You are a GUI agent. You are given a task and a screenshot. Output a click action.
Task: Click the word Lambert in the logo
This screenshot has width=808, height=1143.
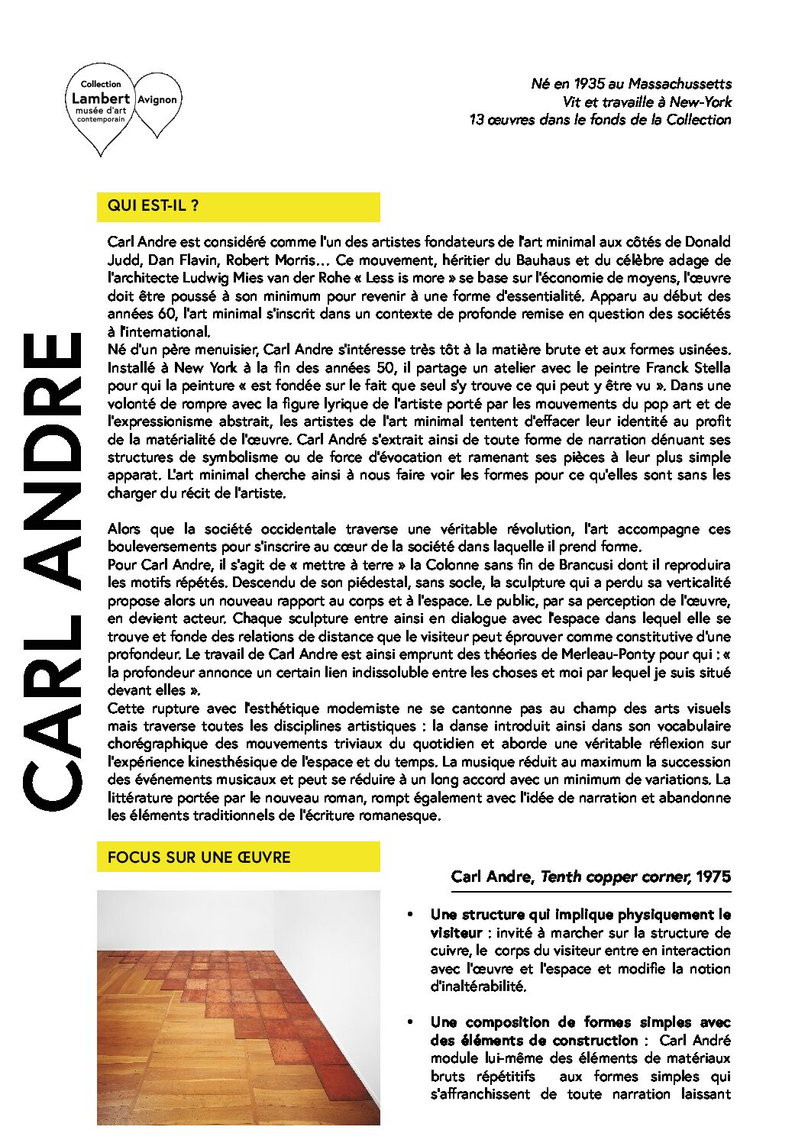tap(100, 98)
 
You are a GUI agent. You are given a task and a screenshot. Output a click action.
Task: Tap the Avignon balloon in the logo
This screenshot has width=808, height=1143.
tap(157, 100)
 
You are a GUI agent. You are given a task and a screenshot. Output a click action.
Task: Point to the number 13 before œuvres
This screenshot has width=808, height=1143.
tap(477, 120)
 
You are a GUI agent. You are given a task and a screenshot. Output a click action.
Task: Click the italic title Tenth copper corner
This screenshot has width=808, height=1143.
tap(615, 877)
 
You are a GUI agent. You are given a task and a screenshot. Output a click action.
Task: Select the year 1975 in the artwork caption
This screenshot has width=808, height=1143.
tap(713, 877)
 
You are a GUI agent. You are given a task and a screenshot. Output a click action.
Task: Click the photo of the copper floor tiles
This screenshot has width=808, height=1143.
tap(238, 1007)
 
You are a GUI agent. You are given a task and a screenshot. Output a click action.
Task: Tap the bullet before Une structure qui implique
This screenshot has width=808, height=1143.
tap(411, 915)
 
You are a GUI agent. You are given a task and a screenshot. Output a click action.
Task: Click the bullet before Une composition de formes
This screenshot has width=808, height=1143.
tap(411, 1022)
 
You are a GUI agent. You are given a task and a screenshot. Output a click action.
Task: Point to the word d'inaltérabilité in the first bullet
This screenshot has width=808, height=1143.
tap(479, 986)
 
